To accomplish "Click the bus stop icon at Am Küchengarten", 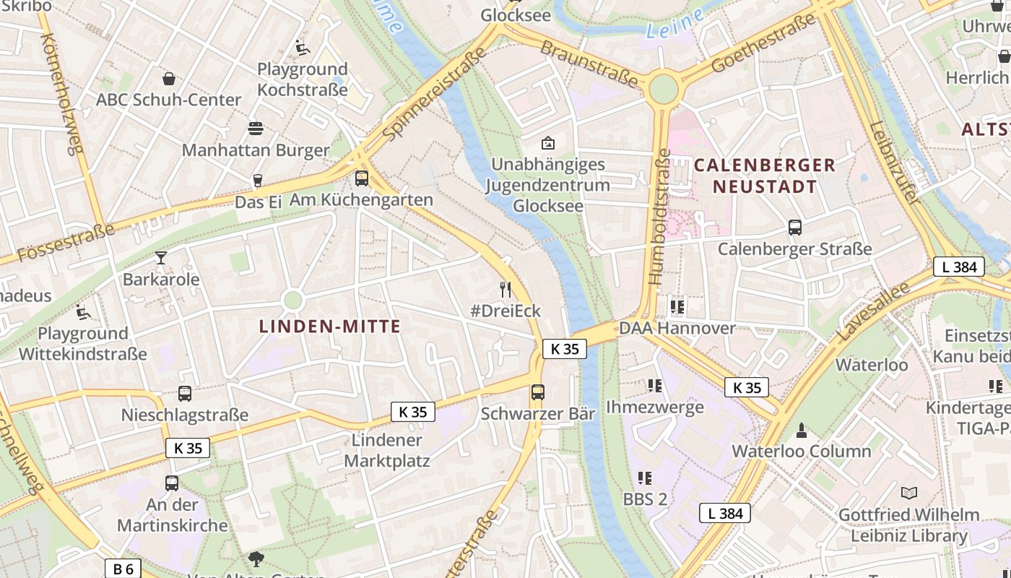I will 362,178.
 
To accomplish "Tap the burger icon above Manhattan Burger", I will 256,129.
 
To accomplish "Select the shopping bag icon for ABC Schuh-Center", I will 169,78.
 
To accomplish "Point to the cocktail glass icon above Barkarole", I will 160,257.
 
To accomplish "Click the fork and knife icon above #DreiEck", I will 506,290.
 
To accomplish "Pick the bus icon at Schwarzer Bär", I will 538,392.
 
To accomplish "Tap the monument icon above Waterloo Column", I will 801,431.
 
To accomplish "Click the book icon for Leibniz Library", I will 909,493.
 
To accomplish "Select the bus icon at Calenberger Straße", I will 795,228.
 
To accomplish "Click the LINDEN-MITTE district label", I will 330,327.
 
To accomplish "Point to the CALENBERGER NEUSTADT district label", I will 765,176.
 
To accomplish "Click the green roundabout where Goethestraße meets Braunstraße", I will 664,90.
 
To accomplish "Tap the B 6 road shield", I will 123,569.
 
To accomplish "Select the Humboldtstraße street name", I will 659,217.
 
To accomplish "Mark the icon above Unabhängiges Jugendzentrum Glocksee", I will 548,143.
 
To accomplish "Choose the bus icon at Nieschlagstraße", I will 185,394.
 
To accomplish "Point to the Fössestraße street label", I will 66,243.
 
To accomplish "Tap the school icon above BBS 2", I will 645,478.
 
